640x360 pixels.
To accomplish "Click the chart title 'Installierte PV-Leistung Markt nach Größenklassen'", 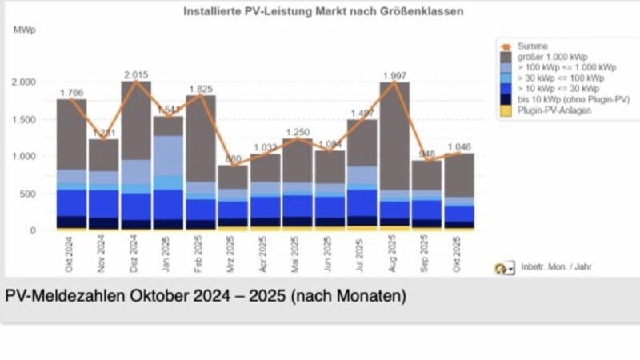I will [322, 12].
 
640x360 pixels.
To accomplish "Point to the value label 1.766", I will [72, 93].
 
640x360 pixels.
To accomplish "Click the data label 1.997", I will [395, 75].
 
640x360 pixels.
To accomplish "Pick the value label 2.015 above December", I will [137, 74].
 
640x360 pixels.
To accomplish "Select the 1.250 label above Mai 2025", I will [298, 131].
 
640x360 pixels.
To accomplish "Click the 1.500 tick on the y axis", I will [26, 119].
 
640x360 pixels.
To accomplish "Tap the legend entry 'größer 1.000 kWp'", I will [551, 58].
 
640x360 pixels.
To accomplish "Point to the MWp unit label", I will [25, 30].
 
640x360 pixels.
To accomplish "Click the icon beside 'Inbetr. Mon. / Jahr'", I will [504, 270].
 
